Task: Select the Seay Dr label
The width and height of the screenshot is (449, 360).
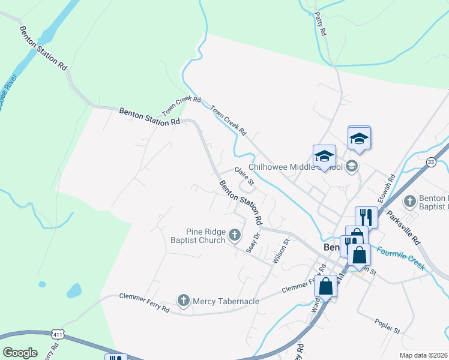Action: [x=253, y=242]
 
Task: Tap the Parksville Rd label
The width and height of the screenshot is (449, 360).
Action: [x=404, y=227]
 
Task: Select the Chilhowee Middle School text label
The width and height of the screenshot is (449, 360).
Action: [x=294, y=167]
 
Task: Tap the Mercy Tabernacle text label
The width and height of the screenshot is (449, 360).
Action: [x=226, y=301]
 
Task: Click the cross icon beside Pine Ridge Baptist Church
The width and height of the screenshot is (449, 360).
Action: [x=235, y=235]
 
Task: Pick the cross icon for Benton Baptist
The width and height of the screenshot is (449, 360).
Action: [x=409, y=201]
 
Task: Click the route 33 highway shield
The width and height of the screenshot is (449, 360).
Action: [x=431, y=162]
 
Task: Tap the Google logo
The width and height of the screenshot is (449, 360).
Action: [x=20, y=353]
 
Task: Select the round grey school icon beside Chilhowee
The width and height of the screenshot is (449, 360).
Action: [x=352, y=167]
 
